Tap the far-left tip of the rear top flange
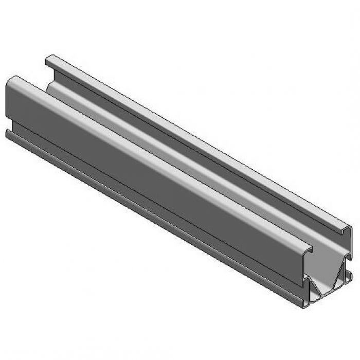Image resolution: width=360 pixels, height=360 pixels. click(48, 58)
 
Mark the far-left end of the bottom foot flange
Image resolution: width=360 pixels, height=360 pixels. click(8, 132)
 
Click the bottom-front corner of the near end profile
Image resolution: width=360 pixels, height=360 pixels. click(304, 307)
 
